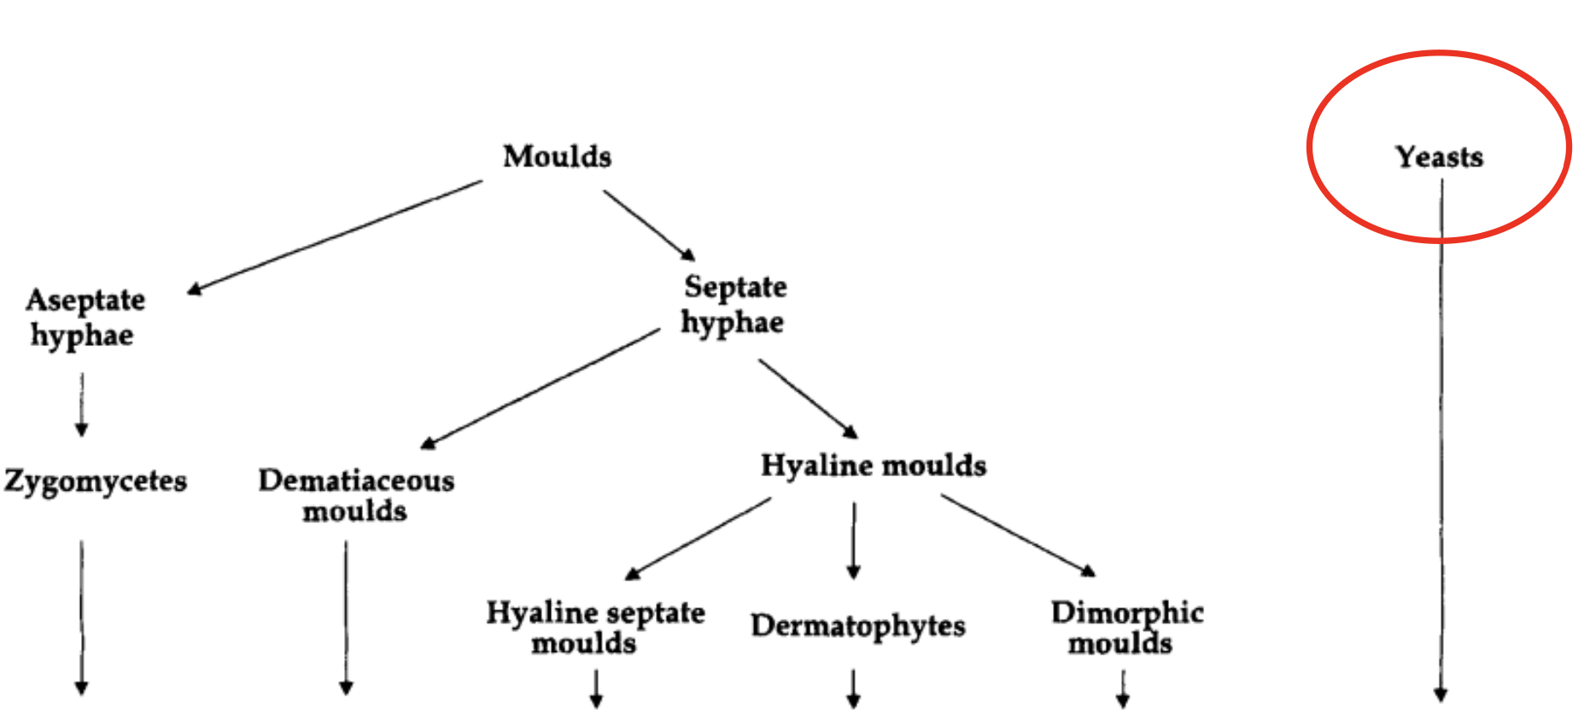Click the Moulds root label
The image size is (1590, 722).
[x=557, y=156]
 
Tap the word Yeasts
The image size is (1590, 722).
[x=1439, y=157]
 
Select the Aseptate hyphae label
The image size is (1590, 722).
[x=84, y=317]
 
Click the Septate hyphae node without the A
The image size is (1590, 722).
[x=734, y=305]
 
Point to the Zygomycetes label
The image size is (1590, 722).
[x=95, y=480]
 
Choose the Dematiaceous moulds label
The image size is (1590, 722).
[x=356, y=495]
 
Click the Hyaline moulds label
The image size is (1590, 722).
[x=874, y=465]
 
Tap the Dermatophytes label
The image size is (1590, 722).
[x=858, y=626]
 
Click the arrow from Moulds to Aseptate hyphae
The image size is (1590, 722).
[x=335, y=236]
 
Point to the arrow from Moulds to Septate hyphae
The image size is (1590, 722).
[x=649, y=224]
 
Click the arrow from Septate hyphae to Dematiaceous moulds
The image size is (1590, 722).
[x=541, y=387]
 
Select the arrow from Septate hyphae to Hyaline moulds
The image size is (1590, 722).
[x=807, y=397]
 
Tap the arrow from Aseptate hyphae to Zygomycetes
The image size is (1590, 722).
[x=82, y=404]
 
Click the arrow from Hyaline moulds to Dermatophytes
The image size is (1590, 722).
[x=853, y=540]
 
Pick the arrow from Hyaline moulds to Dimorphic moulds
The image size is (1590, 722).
[x=1017, y=535]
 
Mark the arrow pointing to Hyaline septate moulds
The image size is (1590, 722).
[x=699, y=539]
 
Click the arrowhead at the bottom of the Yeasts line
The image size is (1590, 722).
[x=1441, y=695]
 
